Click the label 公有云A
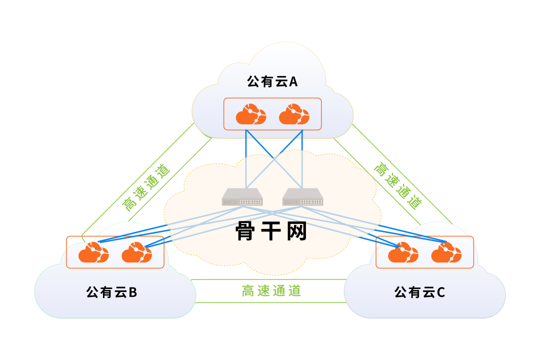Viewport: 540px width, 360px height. pos(272,81)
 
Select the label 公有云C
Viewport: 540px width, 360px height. pos(419,292)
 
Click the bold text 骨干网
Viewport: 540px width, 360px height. pos(270,231)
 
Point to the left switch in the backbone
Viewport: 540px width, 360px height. pos(242,197)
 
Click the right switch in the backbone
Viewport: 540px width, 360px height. pos(302,197)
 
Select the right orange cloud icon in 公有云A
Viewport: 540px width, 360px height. pos(294,114)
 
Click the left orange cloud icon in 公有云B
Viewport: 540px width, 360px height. pos(93,252)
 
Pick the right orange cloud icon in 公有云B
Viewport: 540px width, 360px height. pos(136,252)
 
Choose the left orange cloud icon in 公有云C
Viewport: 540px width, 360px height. pos(403,252)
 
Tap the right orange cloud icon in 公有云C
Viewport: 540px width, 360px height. pos(446,252)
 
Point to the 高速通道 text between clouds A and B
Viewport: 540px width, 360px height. pos(146,187)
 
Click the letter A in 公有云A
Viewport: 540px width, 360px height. pos(293,81)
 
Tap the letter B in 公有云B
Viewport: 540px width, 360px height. pos(132,292)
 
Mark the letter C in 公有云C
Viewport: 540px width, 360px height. pos(440,292)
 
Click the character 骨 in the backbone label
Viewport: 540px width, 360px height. pos(246,231)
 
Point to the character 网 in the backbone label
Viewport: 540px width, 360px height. pos(295,231)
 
